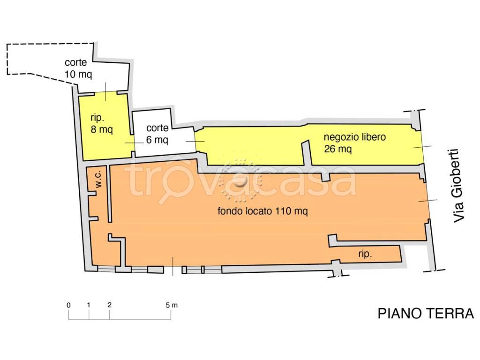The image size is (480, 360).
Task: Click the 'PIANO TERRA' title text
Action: [426, 314]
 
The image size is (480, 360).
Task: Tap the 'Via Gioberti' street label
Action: [458, 186]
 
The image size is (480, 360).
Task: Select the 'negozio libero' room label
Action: [354, 137]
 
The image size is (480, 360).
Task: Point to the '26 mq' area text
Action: [337, 149]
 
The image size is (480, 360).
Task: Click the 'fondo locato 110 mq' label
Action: [262, 211]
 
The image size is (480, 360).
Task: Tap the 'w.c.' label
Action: [98, 179]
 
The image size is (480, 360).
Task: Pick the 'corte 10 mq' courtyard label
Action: [78, 68]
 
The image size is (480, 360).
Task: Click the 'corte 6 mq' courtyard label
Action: [157, 134]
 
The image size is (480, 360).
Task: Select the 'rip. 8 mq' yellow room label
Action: [102, 124]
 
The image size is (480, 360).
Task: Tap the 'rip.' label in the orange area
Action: [365, 254]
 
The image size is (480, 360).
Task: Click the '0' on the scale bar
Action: [68, 305]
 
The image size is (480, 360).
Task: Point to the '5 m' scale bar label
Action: [172, 305]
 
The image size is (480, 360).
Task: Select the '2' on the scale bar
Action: [110, 305]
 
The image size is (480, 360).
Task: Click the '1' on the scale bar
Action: [89, 305]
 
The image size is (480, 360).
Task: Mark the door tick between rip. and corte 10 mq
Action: [105, 91]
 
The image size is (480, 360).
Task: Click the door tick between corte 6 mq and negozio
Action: [195, 142]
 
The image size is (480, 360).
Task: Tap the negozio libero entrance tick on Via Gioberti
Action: [422, 147]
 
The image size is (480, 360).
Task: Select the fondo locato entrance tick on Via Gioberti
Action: [427, 201]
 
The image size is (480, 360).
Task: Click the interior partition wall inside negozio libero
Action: [306, 153]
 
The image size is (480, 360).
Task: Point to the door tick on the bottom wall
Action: [173, 266]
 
